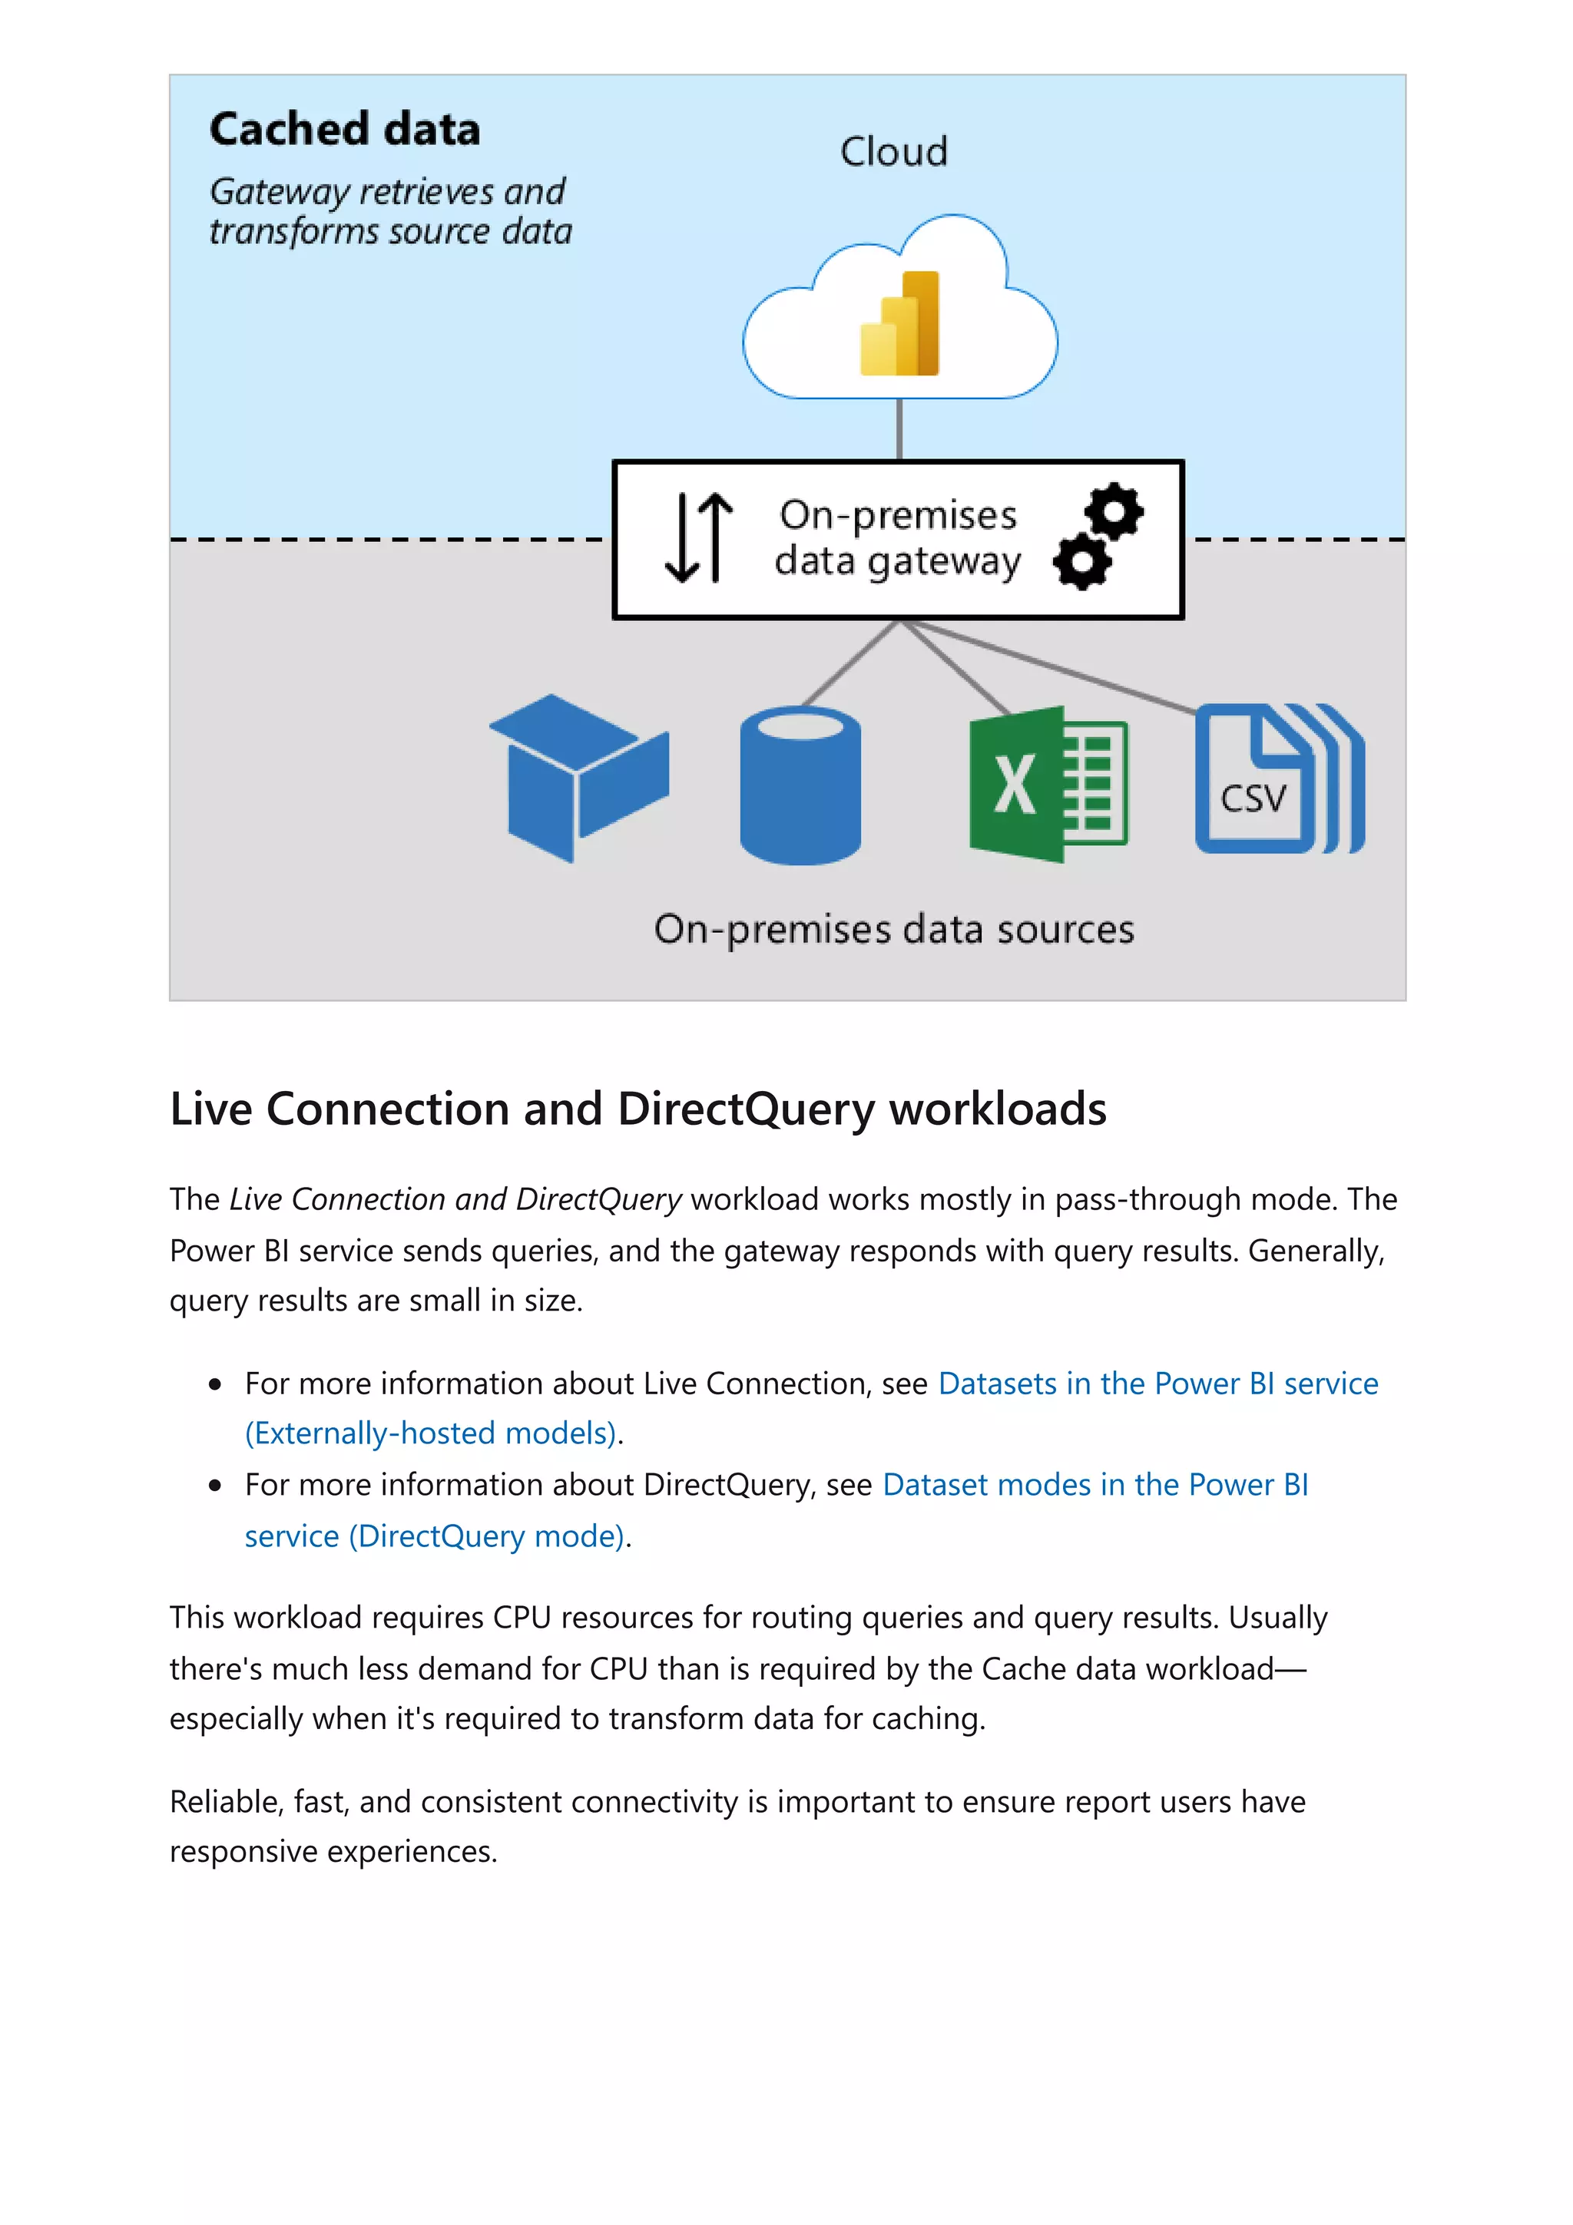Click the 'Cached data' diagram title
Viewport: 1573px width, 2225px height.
[344, 130]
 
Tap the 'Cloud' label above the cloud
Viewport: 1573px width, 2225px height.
[892, 152]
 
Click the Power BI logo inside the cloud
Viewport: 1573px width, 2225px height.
[899, 324]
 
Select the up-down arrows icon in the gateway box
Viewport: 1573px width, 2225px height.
[698, 538]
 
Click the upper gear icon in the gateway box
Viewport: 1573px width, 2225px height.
[1114, 510]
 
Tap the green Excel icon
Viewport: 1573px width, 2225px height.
[1047, 784]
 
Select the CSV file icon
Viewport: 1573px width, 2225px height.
[1277, 779]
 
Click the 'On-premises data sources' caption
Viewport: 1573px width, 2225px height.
[892, 929]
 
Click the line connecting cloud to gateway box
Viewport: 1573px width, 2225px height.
[899, 428]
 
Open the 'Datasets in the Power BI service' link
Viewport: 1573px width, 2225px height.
[1157, 1383]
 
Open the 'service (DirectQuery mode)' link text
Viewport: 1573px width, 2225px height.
[435, 1536]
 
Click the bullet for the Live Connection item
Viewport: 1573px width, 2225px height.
[215, 1385]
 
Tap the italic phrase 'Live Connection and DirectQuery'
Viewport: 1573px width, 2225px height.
[455, 1200]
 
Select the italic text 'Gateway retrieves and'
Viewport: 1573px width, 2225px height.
[386, 192]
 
